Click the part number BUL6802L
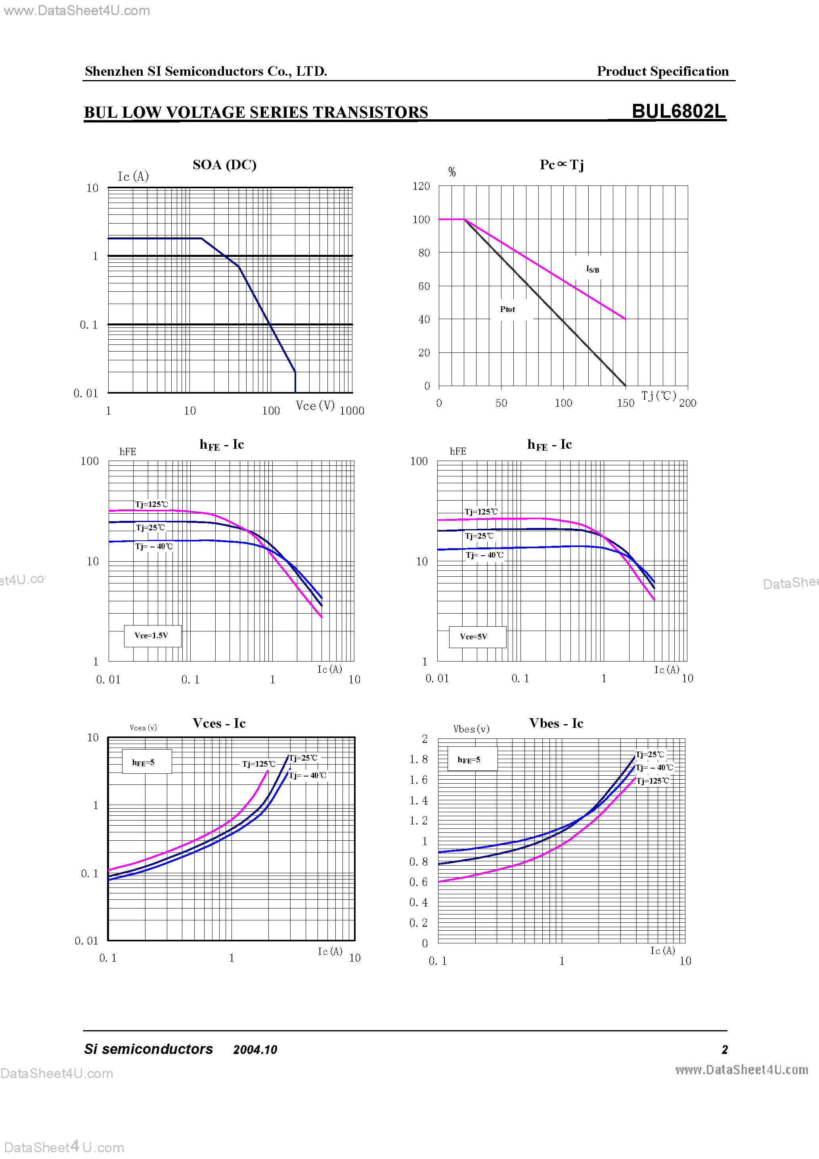(678, 111)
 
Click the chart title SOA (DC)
(224, 164)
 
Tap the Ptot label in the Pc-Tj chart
(507, 310)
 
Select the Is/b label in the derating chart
(592, 270)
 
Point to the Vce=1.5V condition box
(152, 635)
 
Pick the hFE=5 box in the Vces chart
(144, 762)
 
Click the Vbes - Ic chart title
(556, 723)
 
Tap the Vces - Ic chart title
(219, 723)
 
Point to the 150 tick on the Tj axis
(626, 403)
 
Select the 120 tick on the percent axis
(421, 186)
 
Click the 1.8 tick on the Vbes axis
(419, 759)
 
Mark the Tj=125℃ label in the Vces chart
(258, 764)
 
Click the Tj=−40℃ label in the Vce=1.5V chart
(154, 547)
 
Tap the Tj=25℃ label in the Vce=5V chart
(479, 536)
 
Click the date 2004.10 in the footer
(255, 1050)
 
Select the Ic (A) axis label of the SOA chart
(133, 176)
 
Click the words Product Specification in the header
(662, 71)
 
